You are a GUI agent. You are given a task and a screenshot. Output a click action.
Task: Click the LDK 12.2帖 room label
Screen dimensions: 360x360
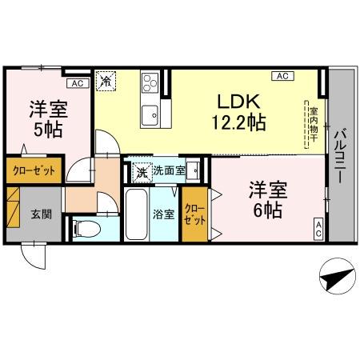(x=238, y=112)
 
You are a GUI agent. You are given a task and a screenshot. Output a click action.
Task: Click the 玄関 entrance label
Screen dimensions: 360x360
(x=41, y=214)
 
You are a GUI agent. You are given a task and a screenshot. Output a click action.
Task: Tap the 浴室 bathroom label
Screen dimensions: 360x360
(x=162, y=214)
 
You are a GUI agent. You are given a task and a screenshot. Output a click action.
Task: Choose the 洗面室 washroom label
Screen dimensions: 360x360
(x=169, y=170)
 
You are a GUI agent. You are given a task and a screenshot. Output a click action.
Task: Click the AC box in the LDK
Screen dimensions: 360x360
(x=282, y=76)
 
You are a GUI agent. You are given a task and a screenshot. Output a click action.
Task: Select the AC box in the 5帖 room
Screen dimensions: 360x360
(x=76, y=82)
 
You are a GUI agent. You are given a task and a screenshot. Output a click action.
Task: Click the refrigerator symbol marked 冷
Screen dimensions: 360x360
(x=106, y=80)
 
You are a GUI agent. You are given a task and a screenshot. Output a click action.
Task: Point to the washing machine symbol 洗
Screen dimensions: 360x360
(x=141, y=170)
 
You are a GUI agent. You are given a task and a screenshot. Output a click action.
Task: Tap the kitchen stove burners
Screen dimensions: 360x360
(x=150, y=82)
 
